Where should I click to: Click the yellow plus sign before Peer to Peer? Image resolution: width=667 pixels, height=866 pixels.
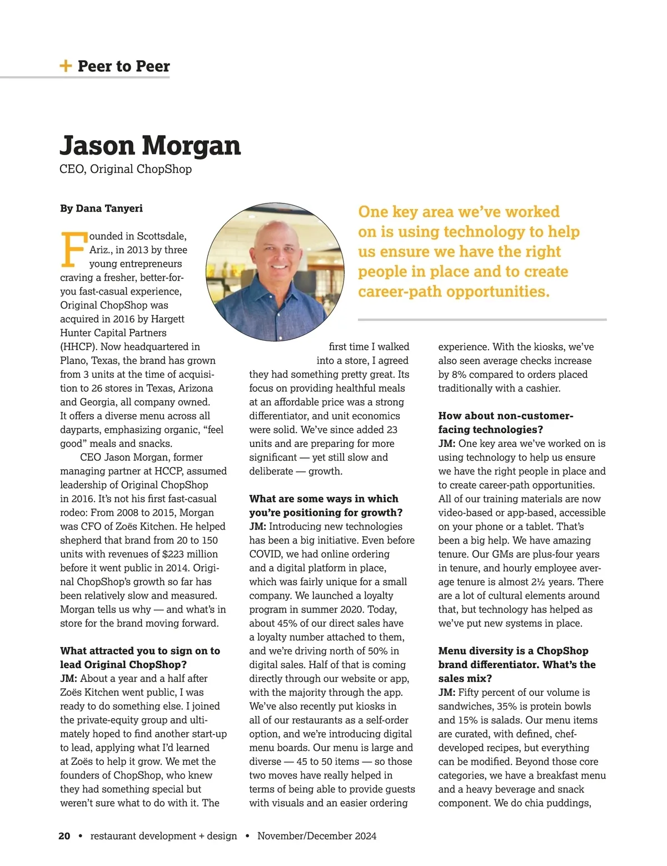[x=66, y=66]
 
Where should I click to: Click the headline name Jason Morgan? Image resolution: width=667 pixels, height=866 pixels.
[x=150, y=146]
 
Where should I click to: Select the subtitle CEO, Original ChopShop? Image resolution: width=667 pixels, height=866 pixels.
[x=126, y=169]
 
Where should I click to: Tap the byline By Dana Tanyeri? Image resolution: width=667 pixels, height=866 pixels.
[x=101, y=208]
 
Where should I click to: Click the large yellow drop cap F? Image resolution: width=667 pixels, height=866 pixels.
[x=73, y=249]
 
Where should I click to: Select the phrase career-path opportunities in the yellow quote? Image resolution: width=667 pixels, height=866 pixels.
[x=454, y=292]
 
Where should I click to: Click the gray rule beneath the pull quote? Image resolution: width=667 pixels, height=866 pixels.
[x=482, y=320]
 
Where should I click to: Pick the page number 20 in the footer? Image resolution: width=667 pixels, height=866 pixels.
[x=64, y=836]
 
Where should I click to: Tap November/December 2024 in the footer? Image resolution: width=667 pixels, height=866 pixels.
[x=317, y=836]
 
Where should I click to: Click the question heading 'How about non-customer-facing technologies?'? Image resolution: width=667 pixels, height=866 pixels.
[x=505, y=422]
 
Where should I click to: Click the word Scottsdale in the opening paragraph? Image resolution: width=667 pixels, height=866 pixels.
[x=162, y=236]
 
